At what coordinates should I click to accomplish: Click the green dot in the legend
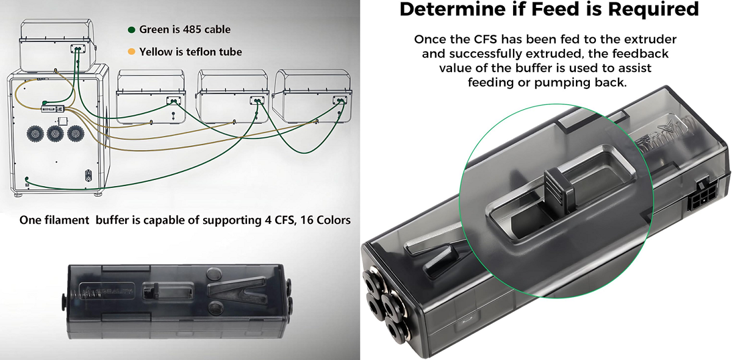(x=131, y=29)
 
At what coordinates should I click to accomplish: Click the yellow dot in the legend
(x=131, y=52)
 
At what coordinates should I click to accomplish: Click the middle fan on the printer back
(x=56, y=134)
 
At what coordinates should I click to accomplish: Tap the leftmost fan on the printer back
(x=36, y=134)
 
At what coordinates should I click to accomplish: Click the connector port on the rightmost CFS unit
(x=339, y=99)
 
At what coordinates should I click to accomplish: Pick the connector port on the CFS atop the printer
(x=78, y=48)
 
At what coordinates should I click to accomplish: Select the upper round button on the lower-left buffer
(x=213, y=273)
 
